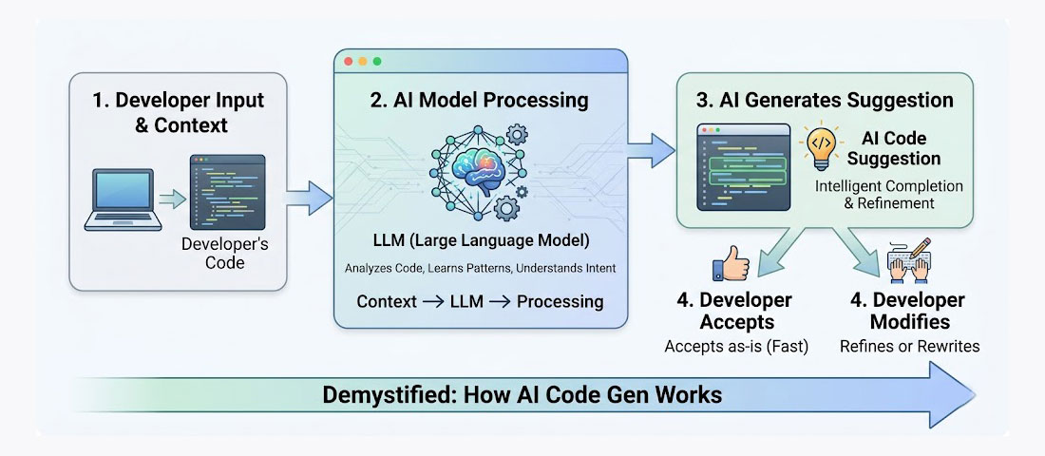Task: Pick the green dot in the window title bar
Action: (x=377, y=62)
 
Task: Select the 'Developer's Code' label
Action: (x=224, y=253)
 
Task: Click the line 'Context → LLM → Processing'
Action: (x=480, y=301)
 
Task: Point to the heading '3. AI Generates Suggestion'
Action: (x=824, y=101)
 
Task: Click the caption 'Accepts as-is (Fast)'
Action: (x=737, y=346)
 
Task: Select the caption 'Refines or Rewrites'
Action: (x=909, y=346)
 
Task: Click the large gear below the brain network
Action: (x=507, y=205)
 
